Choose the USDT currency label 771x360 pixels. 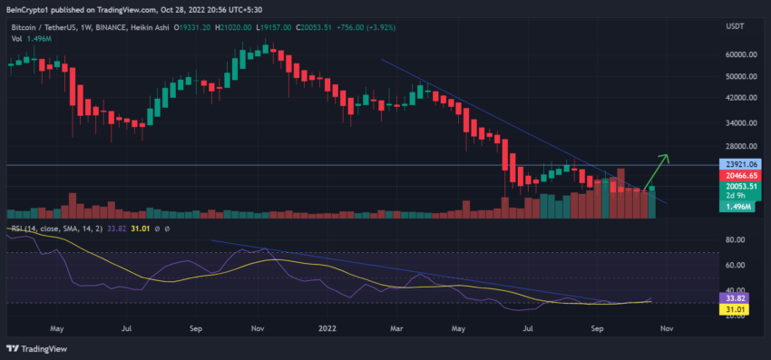[x=735, y=27]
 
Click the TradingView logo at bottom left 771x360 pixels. [x=42, y=349]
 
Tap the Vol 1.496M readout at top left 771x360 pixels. [x=33, y=39]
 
